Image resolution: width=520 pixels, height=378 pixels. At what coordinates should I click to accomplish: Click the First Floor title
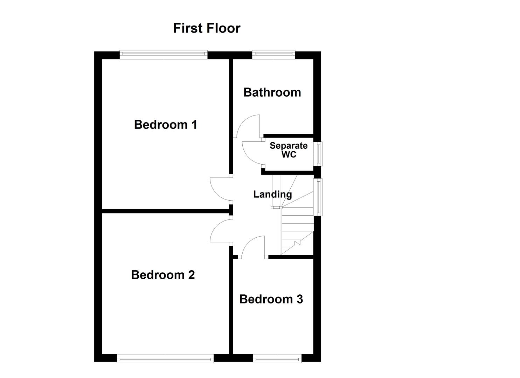click(207, 28)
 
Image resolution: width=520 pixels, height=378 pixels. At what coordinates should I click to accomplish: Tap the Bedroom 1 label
click(166, 125)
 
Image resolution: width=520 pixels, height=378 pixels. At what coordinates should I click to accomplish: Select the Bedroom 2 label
click(163, 275)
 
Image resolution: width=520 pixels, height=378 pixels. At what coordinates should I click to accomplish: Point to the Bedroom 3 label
click(271, 299)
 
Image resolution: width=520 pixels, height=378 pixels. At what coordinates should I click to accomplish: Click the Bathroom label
click(272, 92)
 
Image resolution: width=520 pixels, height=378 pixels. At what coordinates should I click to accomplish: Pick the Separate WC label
click(289, 150)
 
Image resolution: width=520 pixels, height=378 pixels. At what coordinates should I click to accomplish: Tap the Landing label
click(272, 194)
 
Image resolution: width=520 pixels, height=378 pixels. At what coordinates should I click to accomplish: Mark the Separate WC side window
click(319, 154)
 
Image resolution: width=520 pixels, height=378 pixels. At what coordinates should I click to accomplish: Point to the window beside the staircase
click(319, 197)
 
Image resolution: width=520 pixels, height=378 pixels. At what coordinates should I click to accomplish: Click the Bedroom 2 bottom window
click(165, 358)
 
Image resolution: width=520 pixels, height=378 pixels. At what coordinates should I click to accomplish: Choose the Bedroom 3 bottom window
click(277, 358)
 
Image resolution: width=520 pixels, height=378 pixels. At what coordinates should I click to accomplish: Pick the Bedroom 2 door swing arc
click(217, 231)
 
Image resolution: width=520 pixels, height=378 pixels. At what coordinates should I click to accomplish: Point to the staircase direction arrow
click(298, 243)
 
